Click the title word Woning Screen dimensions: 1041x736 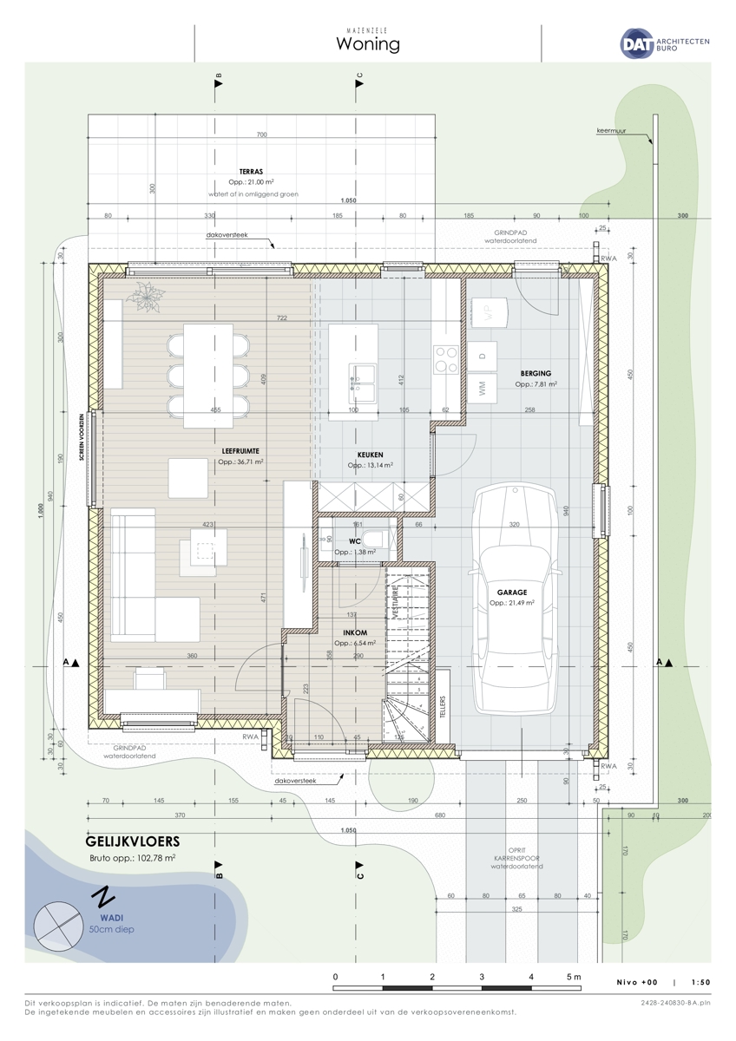click(368, 44)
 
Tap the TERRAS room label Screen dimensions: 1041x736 click(251, 172)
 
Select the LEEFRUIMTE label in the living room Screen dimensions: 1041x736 click(241, 451)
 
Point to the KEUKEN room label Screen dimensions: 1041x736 click(371, 455)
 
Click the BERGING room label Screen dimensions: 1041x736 click(536, 373)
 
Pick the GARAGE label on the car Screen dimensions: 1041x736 click(512, 593)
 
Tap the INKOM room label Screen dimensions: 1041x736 click(354, 632)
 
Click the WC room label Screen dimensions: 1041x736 click(356, 541)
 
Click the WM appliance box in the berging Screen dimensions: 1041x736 click(483, 388)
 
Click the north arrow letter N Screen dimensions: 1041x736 click(103, 894)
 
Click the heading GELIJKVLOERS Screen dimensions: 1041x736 click(133, 841)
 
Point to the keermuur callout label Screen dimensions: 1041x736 click(611, 131)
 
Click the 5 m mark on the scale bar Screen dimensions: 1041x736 click(574, 977)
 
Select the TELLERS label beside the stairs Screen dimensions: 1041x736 click(443, 707)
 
